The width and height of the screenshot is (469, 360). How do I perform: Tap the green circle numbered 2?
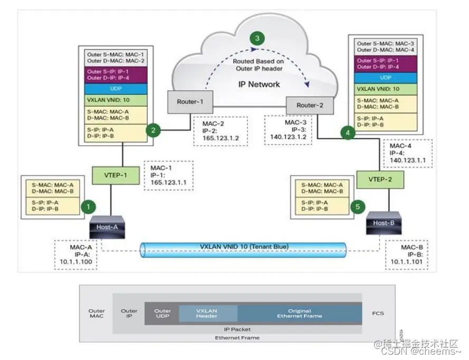pos(154,130)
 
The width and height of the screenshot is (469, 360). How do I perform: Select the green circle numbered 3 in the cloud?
pos(257,39)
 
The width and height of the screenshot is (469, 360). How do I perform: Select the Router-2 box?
pos(309,105)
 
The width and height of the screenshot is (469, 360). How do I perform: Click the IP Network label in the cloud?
pos(259,84)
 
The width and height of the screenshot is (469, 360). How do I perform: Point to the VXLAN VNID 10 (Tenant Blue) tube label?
pos(245,247)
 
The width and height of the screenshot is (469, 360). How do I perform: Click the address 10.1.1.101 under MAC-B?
pos(407,260)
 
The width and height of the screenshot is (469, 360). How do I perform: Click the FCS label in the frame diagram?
pos(378,313)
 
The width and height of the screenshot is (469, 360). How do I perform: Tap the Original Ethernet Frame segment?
pos(299,314)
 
